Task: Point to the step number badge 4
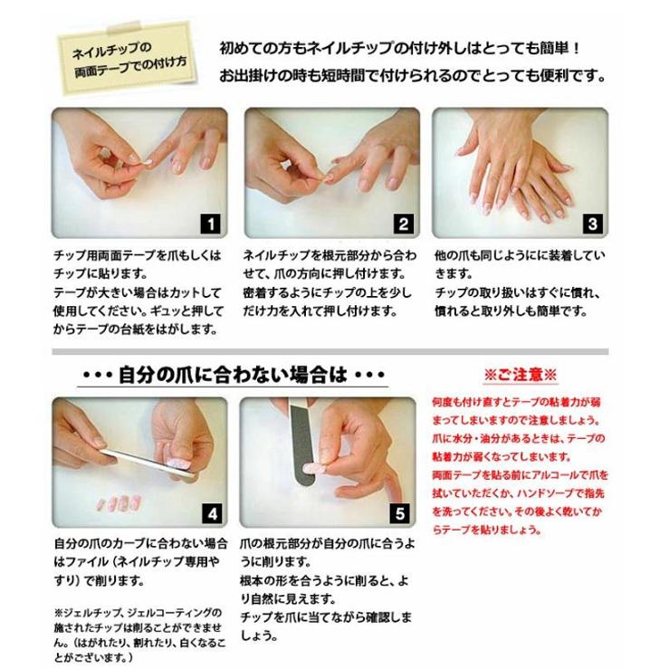(x=212, y=513)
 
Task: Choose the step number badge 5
(x=400, y=513)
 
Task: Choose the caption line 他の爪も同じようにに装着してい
(x=519, y=256)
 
